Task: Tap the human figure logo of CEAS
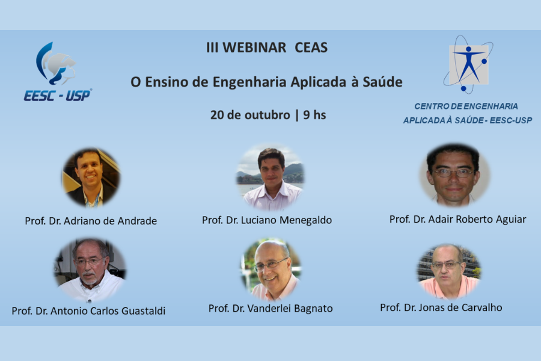(x=468, y=64)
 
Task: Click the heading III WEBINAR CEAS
(x=267, y=48)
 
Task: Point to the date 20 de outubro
(x=250, y=114)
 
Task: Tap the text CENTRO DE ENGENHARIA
(x=466, y=106)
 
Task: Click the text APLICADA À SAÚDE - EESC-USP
(x=467, y=120)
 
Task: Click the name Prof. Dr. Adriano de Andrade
(x=91, y=221)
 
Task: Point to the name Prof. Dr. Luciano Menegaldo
(x=267, y=220)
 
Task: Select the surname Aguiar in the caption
(x=508, y=219)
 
